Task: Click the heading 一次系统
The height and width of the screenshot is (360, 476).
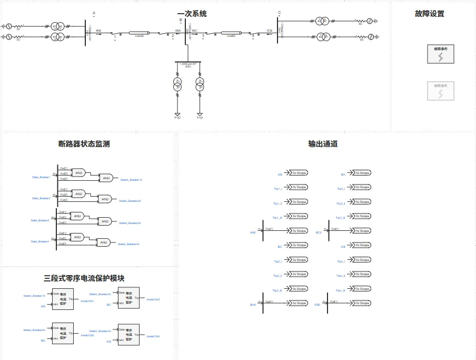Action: (x=192, y=14)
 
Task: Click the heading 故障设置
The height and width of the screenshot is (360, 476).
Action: (x=429, y=14)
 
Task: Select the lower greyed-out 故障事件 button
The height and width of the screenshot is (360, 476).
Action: (x=440, y=91)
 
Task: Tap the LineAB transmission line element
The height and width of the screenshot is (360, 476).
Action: (x=140, y=32)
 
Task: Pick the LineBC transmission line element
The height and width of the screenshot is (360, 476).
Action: (x=231, y=32)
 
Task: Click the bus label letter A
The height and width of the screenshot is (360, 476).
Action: (x=94, y=13)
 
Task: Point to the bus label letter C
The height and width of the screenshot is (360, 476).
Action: (x=279, y=13)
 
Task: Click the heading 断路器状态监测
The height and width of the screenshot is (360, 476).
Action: (x=84, y=143)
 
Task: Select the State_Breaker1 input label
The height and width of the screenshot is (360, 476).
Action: (x=41, y=177)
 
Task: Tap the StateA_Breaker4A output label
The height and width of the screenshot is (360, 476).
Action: (x=128, y=244)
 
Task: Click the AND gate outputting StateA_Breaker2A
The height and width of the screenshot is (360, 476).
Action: (x=105, y=199)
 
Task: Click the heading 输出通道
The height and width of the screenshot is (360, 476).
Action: (x=323, y=143)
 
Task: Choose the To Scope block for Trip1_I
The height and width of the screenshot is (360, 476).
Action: (x=299, y=187)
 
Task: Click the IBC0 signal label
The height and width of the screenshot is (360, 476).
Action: (x=319, y=232)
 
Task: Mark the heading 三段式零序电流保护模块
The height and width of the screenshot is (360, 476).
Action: (x=84, y=278)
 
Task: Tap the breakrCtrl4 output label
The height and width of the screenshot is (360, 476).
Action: (x=153, y=336)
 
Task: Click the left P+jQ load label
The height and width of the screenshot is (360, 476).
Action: (x=177, y=118)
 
